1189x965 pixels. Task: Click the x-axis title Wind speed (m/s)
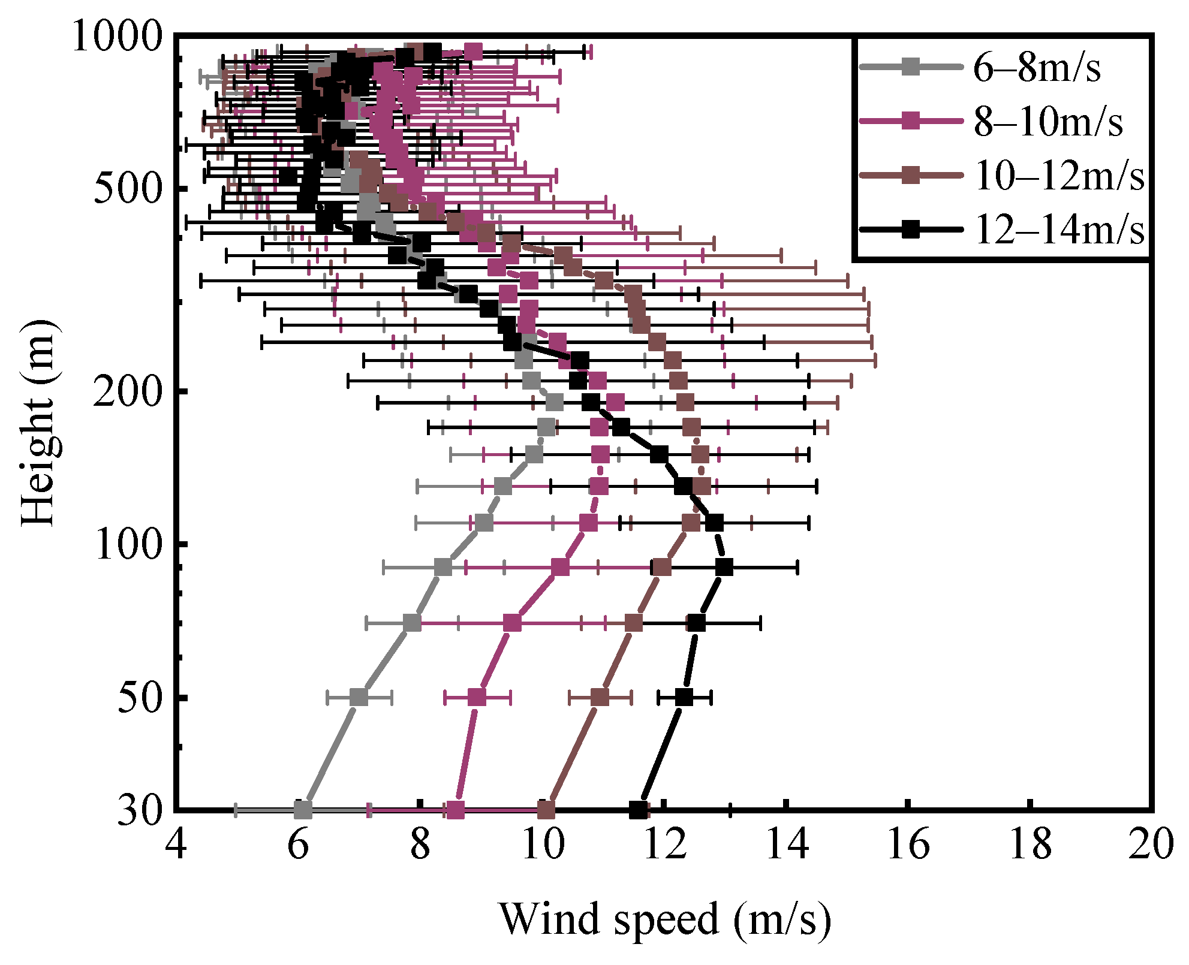pos(665,919)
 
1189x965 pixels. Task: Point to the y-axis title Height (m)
pos(40,422)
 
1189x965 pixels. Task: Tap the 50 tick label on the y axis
pos(140,698)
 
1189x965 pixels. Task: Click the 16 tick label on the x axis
pos(908,845)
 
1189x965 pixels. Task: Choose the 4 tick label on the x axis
pos(175,845)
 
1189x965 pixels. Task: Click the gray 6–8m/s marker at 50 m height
pos(359,698)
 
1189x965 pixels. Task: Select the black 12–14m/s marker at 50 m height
pos(684,698)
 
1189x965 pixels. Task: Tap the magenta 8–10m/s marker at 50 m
pos(477,698)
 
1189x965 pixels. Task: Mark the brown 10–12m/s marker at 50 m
pos(600,698)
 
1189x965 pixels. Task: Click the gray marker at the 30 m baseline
pos(303,810)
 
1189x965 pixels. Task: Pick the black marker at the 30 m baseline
pos(639,810)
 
